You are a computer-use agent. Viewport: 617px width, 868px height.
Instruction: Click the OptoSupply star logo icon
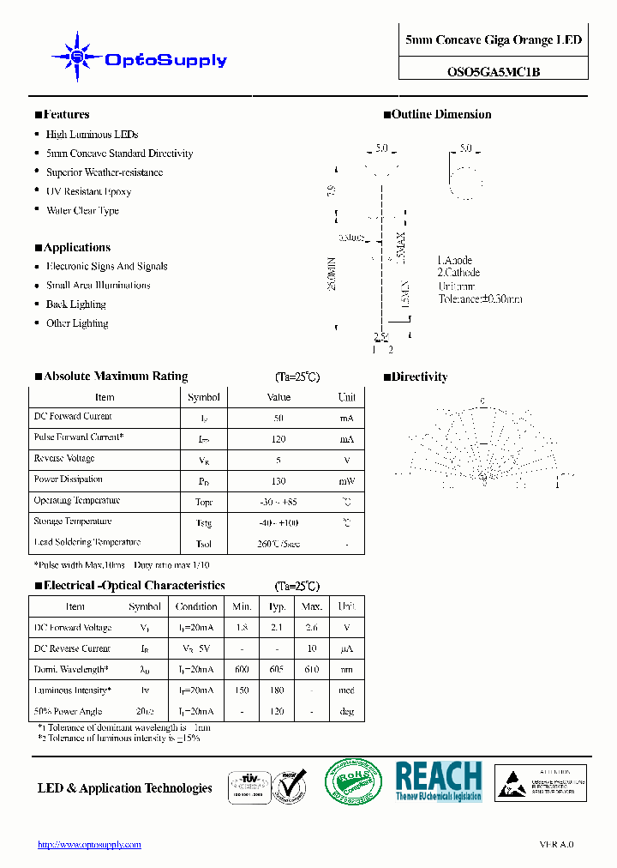[x=77, y=57]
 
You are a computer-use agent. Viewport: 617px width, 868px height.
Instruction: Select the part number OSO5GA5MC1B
[x=494, y=72]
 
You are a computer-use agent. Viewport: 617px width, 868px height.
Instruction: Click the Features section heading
[x=66, y=115]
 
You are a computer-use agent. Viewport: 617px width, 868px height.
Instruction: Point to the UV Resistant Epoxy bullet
[x=88, y=191]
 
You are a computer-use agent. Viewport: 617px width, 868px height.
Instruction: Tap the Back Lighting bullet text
[x=75, y=304]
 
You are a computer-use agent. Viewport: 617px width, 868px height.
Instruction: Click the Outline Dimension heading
[x=441, y=115]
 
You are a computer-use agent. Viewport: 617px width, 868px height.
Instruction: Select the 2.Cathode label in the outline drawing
[x=458, y=273]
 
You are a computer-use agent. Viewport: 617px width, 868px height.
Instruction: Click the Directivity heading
[x=419, y=377]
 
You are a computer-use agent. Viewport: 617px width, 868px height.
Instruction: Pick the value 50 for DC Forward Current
[x=279, y=418]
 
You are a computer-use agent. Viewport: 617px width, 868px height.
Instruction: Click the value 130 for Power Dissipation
[x=279, y=481]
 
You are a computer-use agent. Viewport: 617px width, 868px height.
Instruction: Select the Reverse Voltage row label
[x=64, y=459]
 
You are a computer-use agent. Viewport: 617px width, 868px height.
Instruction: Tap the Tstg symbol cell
[x=203, y=522]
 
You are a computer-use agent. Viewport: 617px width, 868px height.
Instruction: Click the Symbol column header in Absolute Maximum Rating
[x=203, y=397]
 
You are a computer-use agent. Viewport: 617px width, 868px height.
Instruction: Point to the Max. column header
[x=310, y=606]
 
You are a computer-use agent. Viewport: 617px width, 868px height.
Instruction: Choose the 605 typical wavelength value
[x=276, y=670]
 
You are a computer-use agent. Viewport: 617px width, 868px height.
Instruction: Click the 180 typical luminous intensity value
[x=276, y=690]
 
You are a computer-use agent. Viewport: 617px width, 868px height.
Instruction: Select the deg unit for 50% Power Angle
[x=346, y=711]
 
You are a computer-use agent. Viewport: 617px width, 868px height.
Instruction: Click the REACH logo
[x=438, y=781]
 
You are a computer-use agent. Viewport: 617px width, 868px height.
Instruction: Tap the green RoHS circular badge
[x=352, y=781]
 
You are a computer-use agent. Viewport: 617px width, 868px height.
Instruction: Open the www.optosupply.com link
[x=89, y=845]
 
